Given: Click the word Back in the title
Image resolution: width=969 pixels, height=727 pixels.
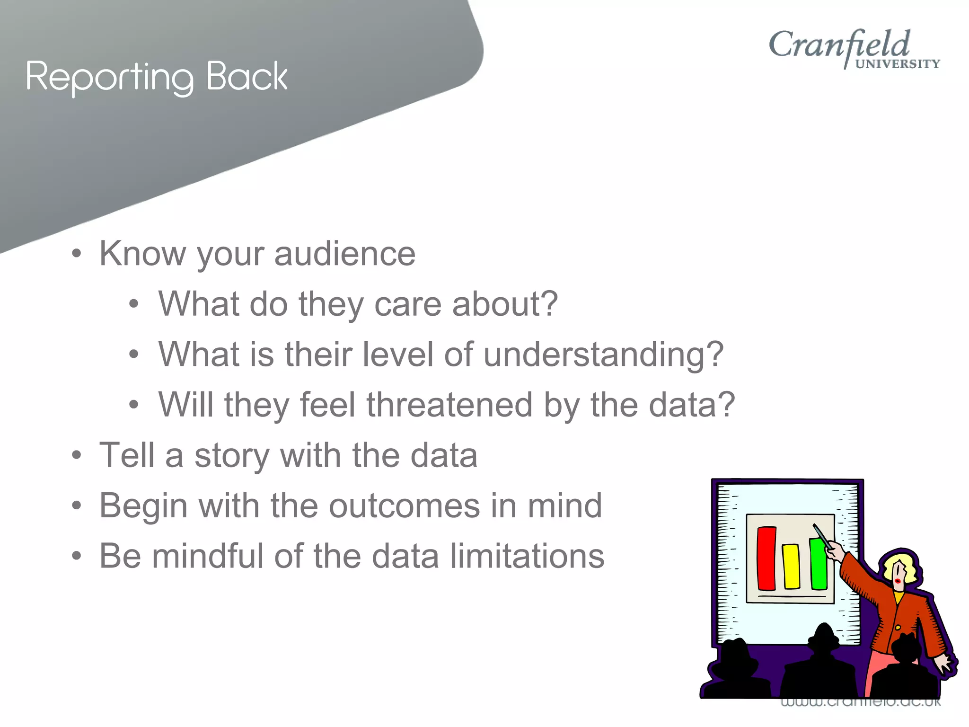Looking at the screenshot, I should [247, 76].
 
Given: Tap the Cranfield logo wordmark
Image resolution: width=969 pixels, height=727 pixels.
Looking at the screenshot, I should [839, 45].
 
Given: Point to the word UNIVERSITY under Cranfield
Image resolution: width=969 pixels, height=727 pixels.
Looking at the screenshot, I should [897, 64].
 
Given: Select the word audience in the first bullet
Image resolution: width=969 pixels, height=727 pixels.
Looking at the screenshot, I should [344, 254].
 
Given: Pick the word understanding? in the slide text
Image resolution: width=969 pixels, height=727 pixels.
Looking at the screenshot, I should [603, 355].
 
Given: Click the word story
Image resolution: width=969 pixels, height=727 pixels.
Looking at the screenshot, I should [231, 455].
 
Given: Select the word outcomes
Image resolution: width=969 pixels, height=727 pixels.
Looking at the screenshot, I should [404, 505].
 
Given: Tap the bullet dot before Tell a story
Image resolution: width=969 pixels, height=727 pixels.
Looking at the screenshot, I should [77, 456].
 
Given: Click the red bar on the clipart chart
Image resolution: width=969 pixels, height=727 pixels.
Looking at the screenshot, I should [766, 559].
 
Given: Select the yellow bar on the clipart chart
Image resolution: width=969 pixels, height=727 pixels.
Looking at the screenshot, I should [791, 566].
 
